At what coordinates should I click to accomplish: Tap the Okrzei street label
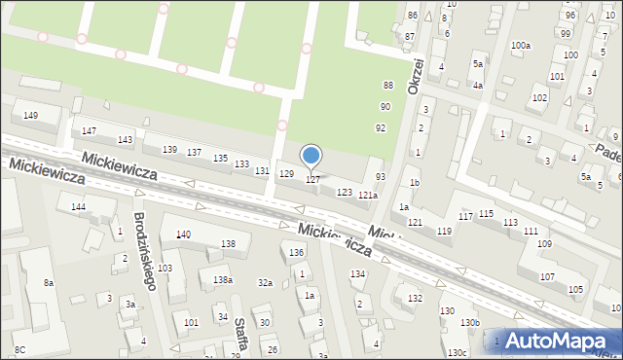click(x=417, y=76)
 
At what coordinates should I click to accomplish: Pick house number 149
click(x=30, y=116)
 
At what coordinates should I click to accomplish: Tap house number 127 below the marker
click(x=313, y=179)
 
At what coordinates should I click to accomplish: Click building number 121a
click(x=367, y=196)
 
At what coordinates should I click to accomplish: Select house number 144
click(x=78, y=207)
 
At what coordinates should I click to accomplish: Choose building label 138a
click(x=223, y=280)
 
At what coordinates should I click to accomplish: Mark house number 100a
click(x=522, y=46)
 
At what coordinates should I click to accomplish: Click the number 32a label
click(x=265, y=282)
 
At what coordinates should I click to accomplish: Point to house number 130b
click(x=470, y=322)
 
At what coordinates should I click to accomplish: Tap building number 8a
click(x=48, y=282)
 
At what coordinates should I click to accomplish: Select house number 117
click(x=465, y=215)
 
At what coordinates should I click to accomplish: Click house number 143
click(x=125, y=140)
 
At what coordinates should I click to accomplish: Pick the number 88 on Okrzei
click(x=387, y=86)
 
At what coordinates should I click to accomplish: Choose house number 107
click(x=547, y=277)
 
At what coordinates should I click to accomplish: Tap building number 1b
click(x=414, y=183)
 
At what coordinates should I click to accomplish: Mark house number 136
click(x=297, y=253)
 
